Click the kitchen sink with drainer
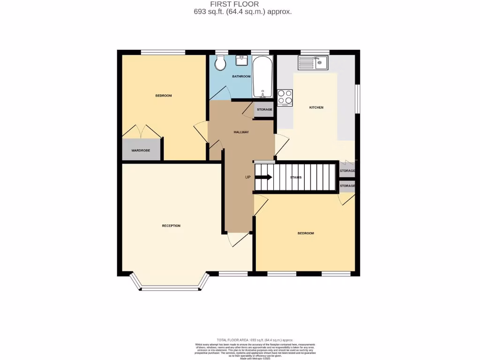point(314,62)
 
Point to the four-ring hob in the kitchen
point(285,97)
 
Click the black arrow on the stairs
point(263,177)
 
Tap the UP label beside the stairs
point(248,177)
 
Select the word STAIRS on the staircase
point(296,177)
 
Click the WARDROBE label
point(141,151)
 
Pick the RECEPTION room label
point(171,226)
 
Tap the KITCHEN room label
point(316,108)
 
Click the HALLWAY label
point(241,132)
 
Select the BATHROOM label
point(241,76)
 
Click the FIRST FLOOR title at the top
point(241,4)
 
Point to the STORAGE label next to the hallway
point(264,110)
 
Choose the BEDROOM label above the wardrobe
point(164,96)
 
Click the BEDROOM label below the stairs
point(306,233)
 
